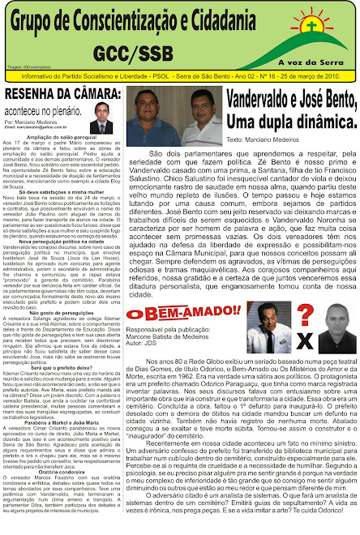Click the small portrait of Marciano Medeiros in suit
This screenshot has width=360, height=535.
pyautogui.click(x=102, y=117)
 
